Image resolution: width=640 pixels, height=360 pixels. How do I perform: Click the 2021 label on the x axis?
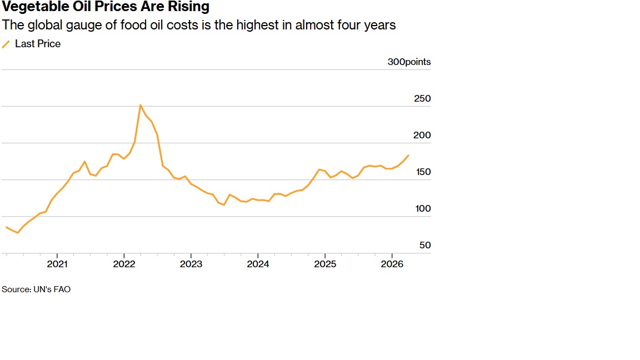click(57, 264)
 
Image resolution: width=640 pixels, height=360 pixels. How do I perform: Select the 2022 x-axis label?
click(124, 264)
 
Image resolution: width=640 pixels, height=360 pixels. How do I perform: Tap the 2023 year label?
click(191, 264)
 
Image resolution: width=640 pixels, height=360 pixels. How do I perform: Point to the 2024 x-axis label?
click(258, 264)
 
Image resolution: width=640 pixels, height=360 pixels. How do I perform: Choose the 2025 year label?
click(325, 264)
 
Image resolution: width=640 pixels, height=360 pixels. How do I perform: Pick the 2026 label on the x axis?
click(392, 264)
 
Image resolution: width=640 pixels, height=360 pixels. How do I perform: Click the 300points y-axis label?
click(409, 62)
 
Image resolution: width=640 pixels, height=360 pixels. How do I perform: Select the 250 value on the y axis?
click(422, 98)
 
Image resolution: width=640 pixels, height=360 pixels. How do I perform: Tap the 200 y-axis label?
click(422, 135)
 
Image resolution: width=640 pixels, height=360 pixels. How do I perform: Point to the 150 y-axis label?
click(423, 172)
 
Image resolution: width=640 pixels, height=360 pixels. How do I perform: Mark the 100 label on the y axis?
click(423, 208)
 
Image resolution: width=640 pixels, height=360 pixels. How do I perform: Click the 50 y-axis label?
click(425, 246)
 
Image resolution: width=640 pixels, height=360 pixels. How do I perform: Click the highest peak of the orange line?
click(141, 106)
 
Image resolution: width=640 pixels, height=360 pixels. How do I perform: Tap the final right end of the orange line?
click(408, 156)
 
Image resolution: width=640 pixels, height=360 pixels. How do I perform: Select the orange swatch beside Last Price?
click(6, 44)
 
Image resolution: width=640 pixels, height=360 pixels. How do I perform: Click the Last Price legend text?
click(38, 44)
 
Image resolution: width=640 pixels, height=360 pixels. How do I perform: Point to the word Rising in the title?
click(188, 7)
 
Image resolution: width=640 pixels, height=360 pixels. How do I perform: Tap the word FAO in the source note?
click(62, 289)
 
